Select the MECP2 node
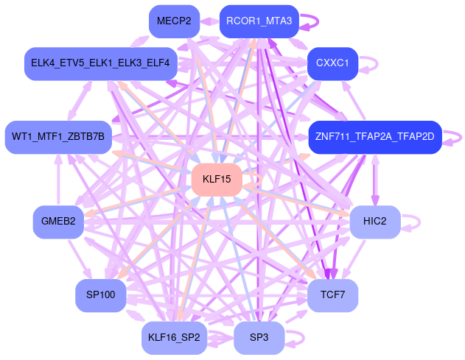[x=174, y=21]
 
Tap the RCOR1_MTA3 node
[x=260, y=21]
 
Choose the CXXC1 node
[x=332, y=63]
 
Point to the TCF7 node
[x=332, y=295]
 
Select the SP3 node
[x=259, y=338]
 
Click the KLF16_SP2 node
[x=174, y=338]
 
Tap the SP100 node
[x=101, y=295]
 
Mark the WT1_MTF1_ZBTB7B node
[x=58, y=137]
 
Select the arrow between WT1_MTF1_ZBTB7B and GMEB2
[x=58, y=180]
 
